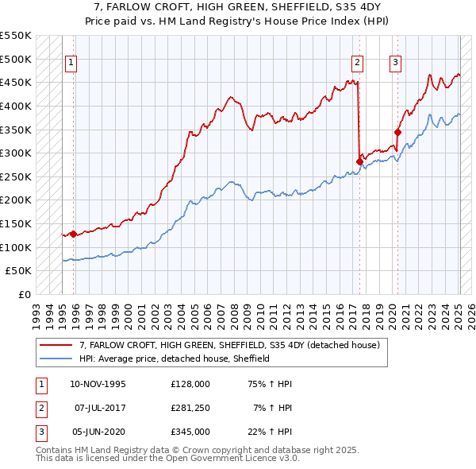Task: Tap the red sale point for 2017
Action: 359,161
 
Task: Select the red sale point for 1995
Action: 73,234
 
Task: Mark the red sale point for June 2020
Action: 398,132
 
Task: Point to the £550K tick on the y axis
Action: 16,37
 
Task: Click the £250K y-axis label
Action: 16,176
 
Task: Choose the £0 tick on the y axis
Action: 24,294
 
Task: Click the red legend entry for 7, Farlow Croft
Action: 230,345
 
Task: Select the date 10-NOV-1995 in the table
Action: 98,383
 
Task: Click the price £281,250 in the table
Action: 190,407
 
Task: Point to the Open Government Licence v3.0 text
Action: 230,459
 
